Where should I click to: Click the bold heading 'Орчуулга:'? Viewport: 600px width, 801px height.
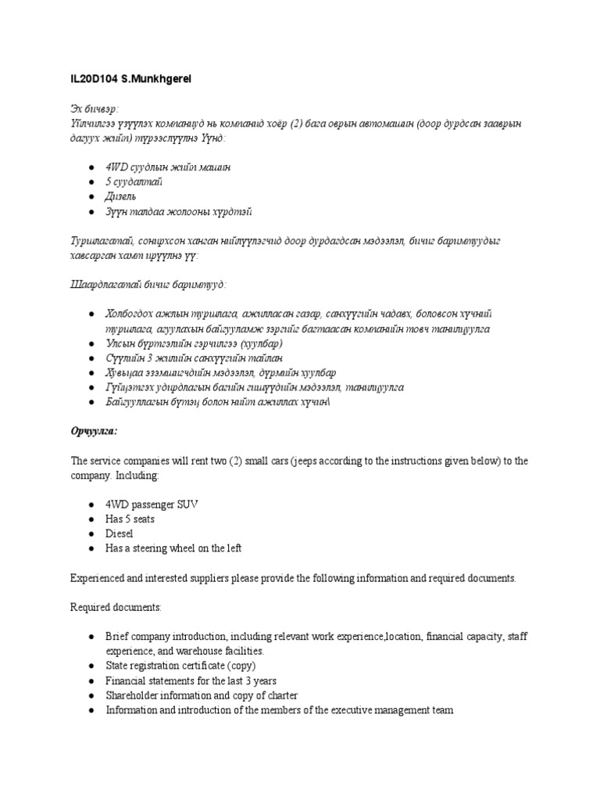(95, 431)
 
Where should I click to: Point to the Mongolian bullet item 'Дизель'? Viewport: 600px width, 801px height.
(123, 197)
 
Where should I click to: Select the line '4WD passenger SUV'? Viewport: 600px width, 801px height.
(152, 505)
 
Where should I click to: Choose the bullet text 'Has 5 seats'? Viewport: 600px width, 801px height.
(130, 519)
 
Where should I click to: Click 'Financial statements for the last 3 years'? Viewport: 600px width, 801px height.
(191, 681)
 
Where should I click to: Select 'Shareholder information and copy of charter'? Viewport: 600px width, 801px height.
(202, 695)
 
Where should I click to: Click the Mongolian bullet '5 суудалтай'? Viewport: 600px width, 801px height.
(134, 182)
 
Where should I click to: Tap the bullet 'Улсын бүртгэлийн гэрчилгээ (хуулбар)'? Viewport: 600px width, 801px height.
(194, 343)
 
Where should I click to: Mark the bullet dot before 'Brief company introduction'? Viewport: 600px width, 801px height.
(92, 636)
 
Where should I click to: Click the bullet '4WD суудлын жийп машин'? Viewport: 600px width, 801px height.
(168, 167)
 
